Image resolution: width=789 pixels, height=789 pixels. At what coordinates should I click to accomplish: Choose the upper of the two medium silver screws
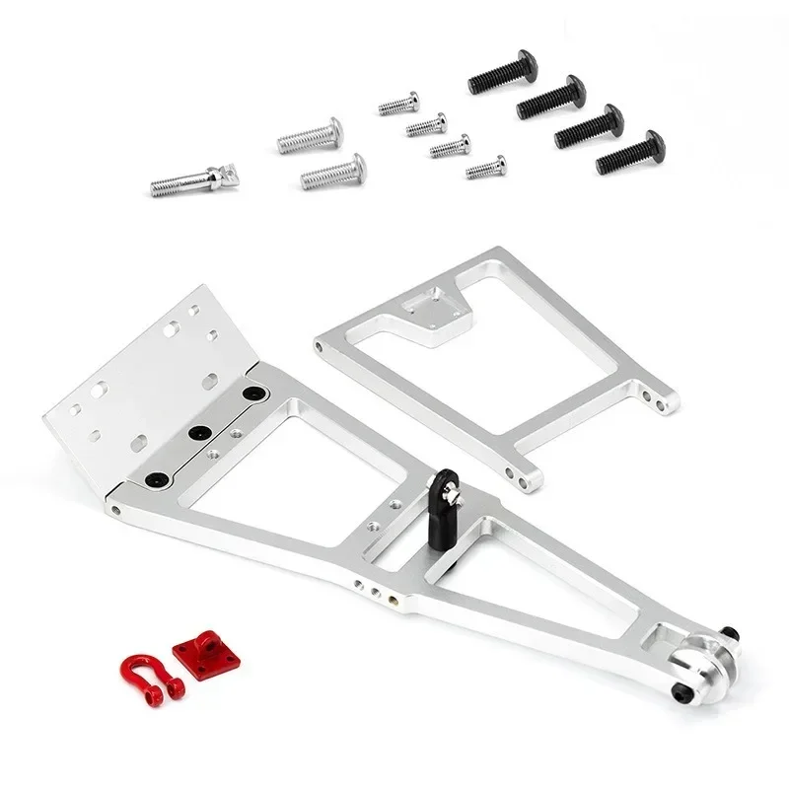point(309,136)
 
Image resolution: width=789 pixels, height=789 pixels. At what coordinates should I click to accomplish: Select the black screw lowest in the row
point(629,152)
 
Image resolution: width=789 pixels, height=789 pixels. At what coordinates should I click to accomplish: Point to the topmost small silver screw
point(398,104)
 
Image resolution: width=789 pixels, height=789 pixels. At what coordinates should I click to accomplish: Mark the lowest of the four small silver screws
point(485,168)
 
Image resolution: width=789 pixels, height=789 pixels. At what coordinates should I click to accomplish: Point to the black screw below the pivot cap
point(681,697)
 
